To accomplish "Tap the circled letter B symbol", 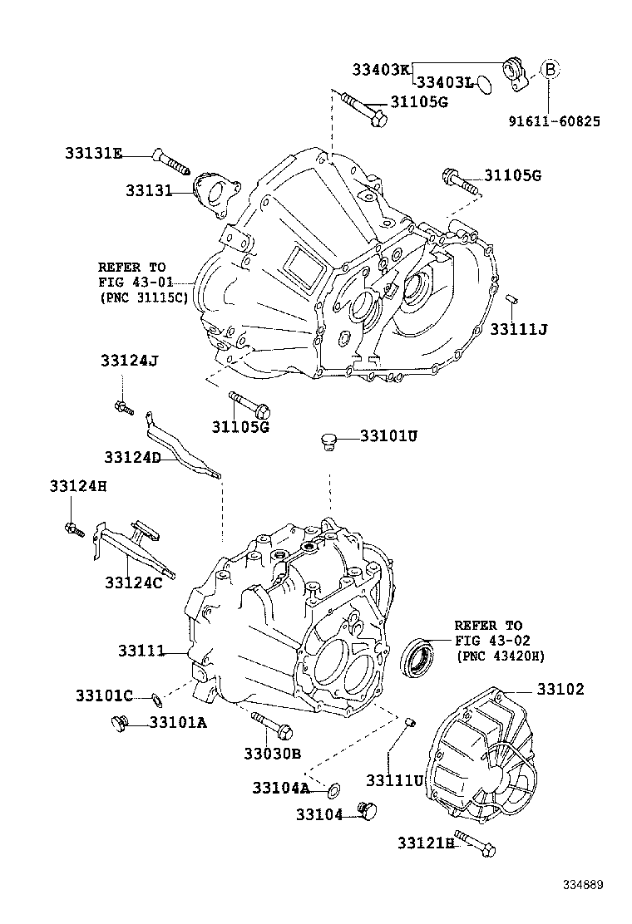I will (x=550, y=69).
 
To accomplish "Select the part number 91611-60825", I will (x=555, y=121).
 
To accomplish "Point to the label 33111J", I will (x=518, y=330).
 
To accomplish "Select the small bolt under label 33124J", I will (x=124, y=406).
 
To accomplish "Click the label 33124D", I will (x=132, y=457).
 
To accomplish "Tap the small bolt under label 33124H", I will (x=73, y=528).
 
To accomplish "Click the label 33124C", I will (x=133, y=582).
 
